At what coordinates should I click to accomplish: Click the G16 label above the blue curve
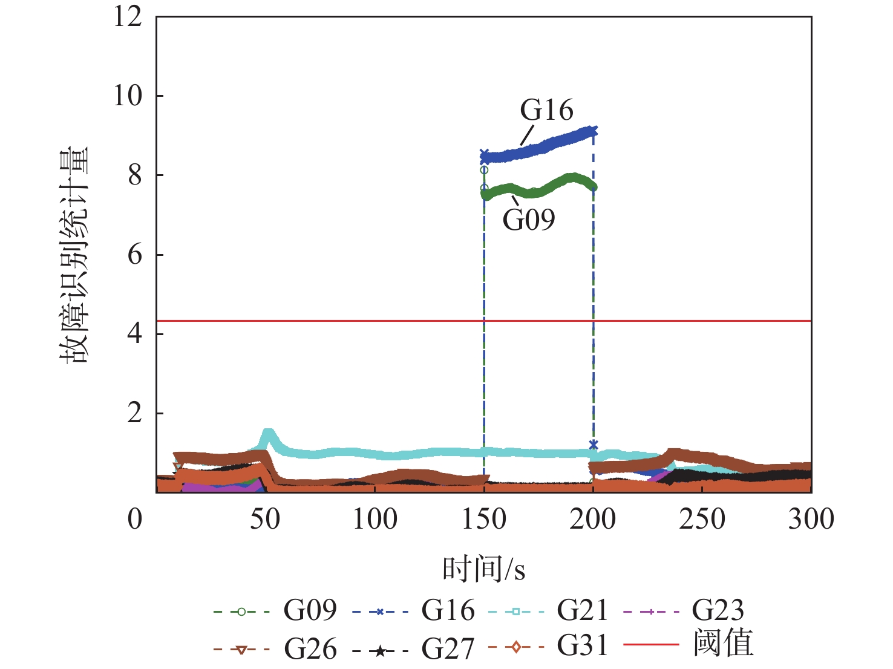(x=546, y=111)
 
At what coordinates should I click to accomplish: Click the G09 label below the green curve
(x=528, y=220)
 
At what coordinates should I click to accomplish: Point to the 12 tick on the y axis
(x=128, y=17)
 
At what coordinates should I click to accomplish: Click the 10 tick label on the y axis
(x=128, y=96)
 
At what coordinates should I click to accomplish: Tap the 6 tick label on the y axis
(x=135, y=255)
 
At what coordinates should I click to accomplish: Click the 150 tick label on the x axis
(x=483, y=520)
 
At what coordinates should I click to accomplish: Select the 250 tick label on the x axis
(x=702, y=520)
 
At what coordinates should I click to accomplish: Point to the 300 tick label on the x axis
(x=811, y=520)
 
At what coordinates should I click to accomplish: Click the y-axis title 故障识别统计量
(x=74, y=255)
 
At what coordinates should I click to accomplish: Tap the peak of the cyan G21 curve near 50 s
(x=268, y=434)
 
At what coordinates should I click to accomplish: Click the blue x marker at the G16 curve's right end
(x=593, y=131)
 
